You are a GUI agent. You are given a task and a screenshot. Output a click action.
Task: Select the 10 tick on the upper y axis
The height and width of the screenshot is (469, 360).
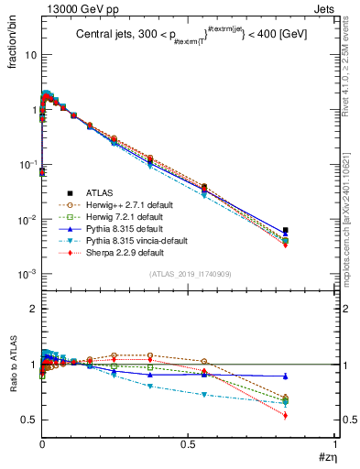click(30, 54)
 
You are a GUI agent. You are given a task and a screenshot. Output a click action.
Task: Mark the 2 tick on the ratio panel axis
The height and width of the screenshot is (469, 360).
click(32, 309)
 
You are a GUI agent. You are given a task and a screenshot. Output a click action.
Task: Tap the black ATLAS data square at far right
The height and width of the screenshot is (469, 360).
click(286, 231)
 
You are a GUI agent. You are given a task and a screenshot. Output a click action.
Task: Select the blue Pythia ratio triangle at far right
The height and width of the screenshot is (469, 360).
click(286, 376)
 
